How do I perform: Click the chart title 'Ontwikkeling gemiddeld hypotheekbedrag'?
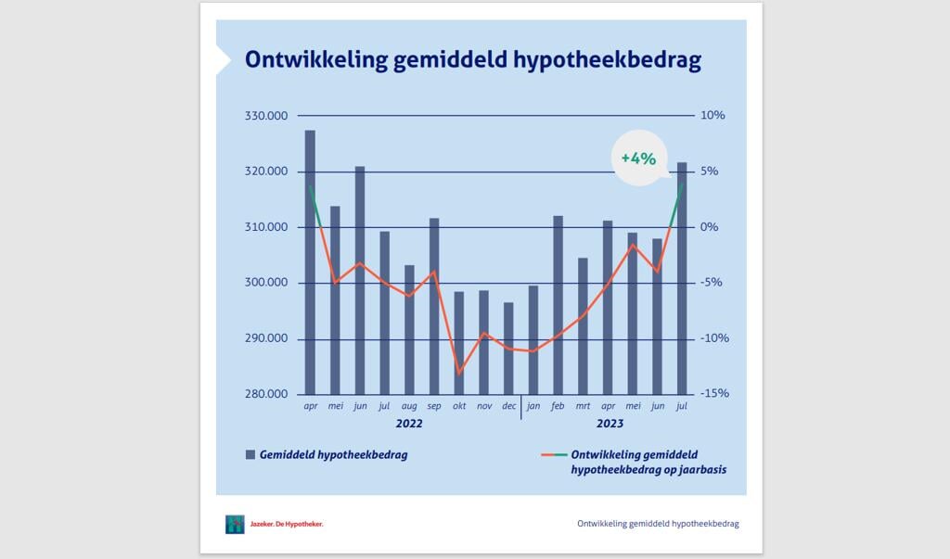tap(472, 60)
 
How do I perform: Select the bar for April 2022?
tap(310, 262)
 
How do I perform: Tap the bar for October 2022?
tap(458, 343)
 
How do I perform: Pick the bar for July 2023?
tap(682, 278)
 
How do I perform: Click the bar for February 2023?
tap(558, 305)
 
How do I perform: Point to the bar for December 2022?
tap(508, 349)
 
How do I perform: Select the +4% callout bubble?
tap(638, 158)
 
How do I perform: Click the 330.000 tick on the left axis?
tap(266, 116)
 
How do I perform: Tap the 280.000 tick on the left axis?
tap(266, 394)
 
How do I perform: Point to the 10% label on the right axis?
tap(712, 116)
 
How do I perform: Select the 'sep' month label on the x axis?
tap(434, 406)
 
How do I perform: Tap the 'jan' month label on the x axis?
tap(533, 406)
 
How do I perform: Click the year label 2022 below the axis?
tap(409, 424)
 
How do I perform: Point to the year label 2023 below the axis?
tap(610, 424)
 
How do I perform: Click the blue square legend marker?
tap(250, 455)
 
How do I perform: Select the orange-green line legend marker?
tap(553, 455)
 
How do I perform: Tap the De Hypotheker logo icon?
tap(235, 524)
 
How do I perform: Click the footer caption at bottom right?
tap(658, 524)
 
